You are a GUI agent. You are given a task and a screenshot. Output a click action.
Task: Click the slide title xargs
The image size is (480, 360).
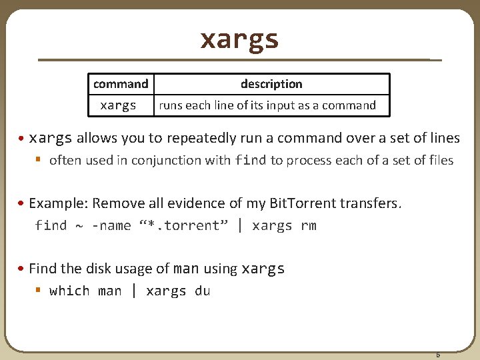pyautogui.click(x=239, y=39)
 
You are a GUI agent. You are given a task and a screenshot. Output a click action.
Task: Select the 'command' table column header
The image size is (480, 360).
pyautogui.click(x=121, y=84)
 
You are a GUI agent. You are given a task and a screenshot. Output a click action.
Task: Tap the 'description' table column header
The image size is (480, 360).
pyautogui.click(x=271, y=84)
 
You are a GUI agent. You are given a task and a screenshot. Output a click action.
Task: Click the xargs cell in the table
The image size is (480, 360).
pyautogui.click(x=118, y=105)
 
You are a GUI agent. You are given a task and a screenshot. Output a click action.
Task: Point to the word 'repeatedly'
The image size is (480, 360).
pyautogui.click(x=201, y=139)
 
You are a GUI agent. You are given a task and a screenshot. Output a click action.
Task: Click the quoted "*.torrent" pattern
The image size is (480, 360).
pyautogui.click(x=184, y=226)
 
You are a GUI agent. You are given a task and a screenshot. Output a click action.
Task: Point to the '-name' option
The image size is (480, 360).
pyautogui.click(x=111, y=226)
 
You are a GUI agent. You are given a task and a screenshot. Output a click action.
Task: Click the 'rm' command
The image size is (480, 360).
pyautogui.click(x=308, y=226)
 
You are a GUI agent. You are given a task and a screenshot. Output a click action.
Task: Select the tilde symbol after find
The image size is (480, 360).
pyautogui.click(x=79, y=227)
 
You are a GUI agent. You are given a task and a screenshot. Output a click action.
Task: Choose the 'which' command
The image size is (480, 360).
pyautogui.click(x=69, y=291)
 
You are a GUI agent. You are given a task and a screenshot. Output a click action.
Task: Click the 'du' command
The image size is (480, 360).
pyautogui.click(x=202, y=291)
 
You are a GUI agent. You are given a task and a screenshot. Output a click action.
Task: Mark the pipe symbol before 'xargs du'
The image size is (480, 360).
pyautogui.click(x=134, y=291)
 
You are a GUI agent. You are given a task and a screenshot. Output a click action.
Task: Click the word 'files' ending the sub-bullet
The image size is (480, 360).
pyautogui.click(x=440, y=160)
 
